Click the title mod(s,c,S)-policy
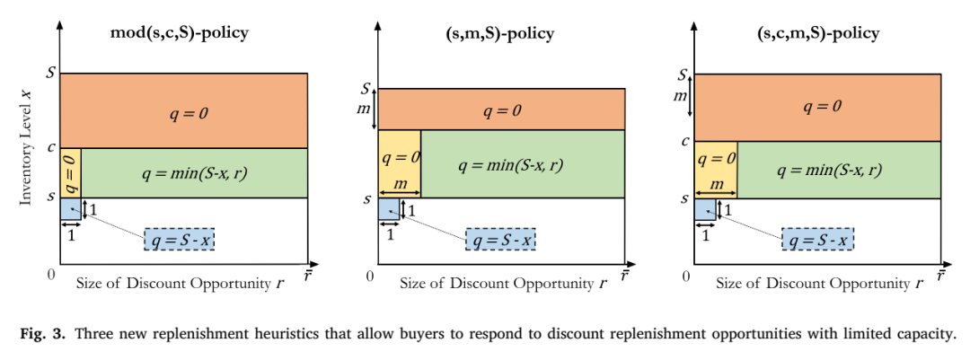[180, 33]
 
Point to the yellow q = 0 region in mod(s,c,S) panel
[71, 173]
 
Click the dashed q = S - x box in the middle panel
[500, 239]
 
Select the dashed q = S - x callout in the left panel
[180, 239]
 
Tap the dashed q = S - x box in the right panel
[817, 239]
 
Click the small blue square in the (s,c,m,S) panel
[706, 209]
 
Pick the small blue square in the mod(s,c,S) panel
[71, 208]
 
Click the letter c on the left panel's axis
[52, 148]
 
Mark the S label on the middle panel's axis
[366, 89]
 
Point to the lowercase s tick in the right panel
[685, 198]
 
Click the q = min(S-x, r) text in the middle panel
[510, 165]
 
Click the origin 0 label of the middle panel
[370, 276]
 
